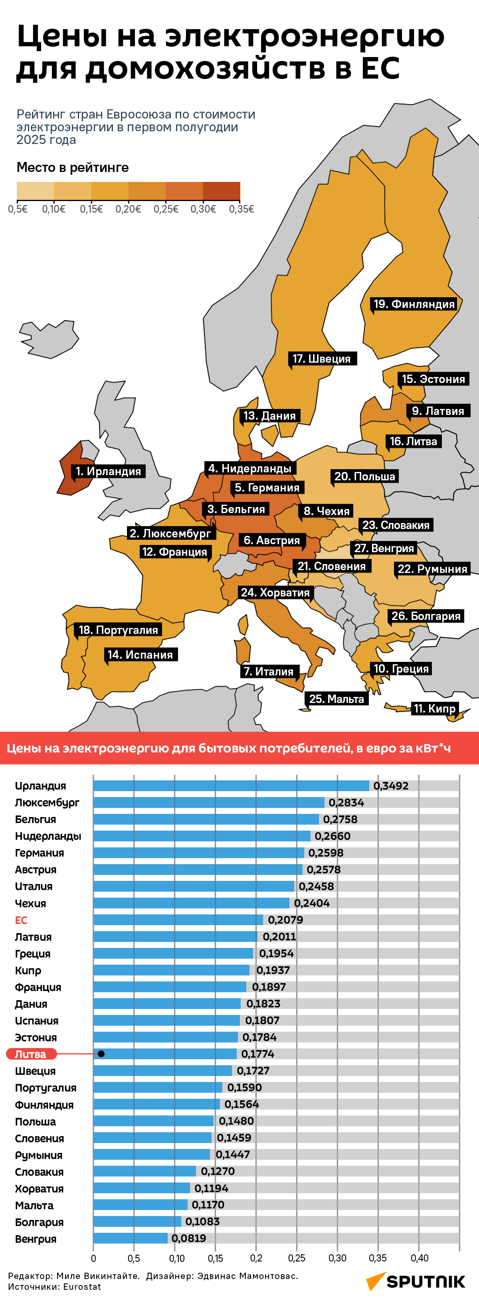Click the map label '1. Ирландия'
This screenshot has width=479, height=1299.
[108, 471]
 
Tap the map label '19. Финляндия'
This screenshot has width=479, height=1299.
[414, 304]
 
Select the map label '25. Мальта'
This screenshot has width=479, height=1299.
[336, 699]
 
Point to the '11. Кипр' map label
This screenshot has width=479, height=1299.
[434, 709]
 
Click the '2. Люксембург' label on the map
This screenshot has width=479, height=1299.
[170, 533]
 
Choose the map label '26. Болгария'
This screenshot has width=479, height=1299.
[426, 616]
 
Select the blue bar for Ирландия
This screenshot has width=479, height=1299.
[231, 786]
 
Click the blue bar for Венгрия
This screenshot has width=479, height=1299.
[130, 1238]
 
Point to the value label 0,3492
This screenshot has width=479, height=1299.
[391, 786]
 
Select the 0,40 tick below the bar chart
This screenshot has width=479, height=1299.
[419, 1258]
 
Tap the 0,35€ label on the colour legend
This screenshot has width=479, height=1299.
[241, 209]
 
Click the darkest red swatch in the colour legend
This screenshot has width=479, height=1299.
[222, 191]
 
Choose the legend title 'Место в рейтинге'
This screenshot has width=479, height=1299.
[73, 168]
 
